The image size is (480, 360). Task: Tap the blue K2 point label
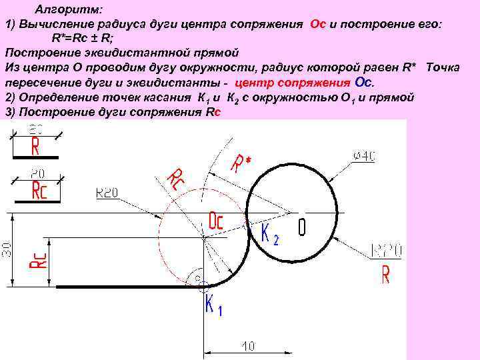coord(269,235)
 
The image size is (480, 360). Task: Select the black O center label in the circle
coord(302,227)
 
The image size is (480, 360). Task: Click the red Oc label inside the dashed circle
coord(216,221)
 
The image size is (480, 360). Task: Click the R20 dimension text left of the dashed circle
coord(107,193)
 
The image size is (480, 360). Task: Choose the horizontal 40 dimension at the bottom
coord(248,347)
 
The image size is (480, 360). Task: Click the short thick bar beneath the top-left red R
coord(36,157)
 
